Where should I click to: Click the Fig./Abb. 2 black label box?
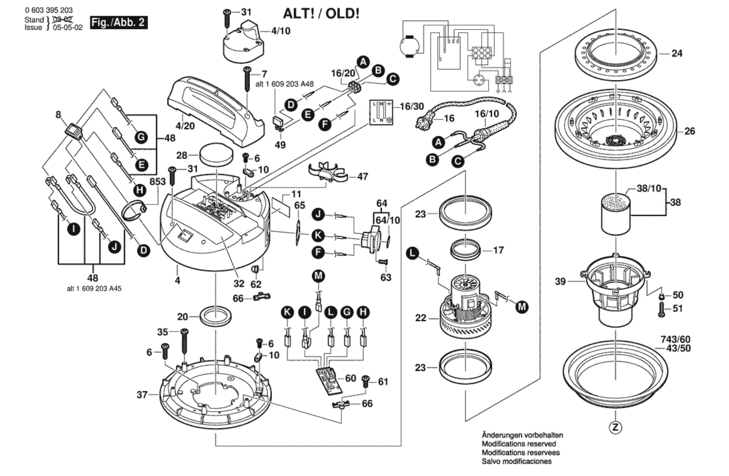tap(119, 23)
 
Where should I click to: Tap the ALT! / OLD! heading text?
tap(321, 14)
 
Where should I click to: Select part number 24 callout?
tap(677, 54)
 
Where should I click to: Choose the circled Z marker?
tap(616, 428)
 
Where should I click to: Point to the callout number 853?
tap(158, 182)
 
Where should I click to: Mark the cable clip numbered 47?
tap(327, 173)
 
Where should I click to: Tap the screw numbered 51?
tap(662, 310)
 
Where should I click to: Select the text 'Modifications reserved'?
tap(518, 444)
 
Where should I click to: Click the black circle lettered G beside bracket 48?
tap(141, 137)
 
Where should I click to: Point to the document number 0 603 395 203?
tap(49, 11)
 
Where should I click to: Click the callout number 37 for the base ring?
tap(142, 394)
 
